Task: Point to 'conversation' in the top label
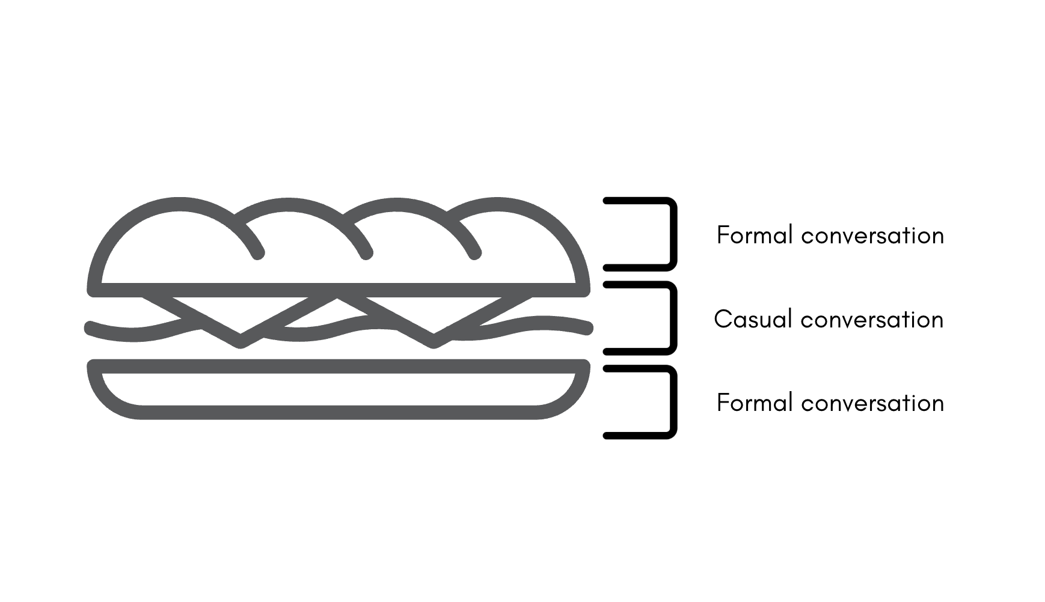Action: click(872, 236)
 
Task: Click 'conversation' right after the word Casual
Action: click(872, 320)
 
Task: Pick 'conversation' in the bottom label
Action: click(872, 403)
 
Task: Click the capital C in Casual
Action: click(722, 319)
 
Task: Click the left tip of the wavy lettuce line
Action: click(90, 327)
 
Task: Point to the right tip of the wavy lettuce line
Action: click(588, 328)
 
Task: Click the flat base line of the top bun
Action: click(339, 290)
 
